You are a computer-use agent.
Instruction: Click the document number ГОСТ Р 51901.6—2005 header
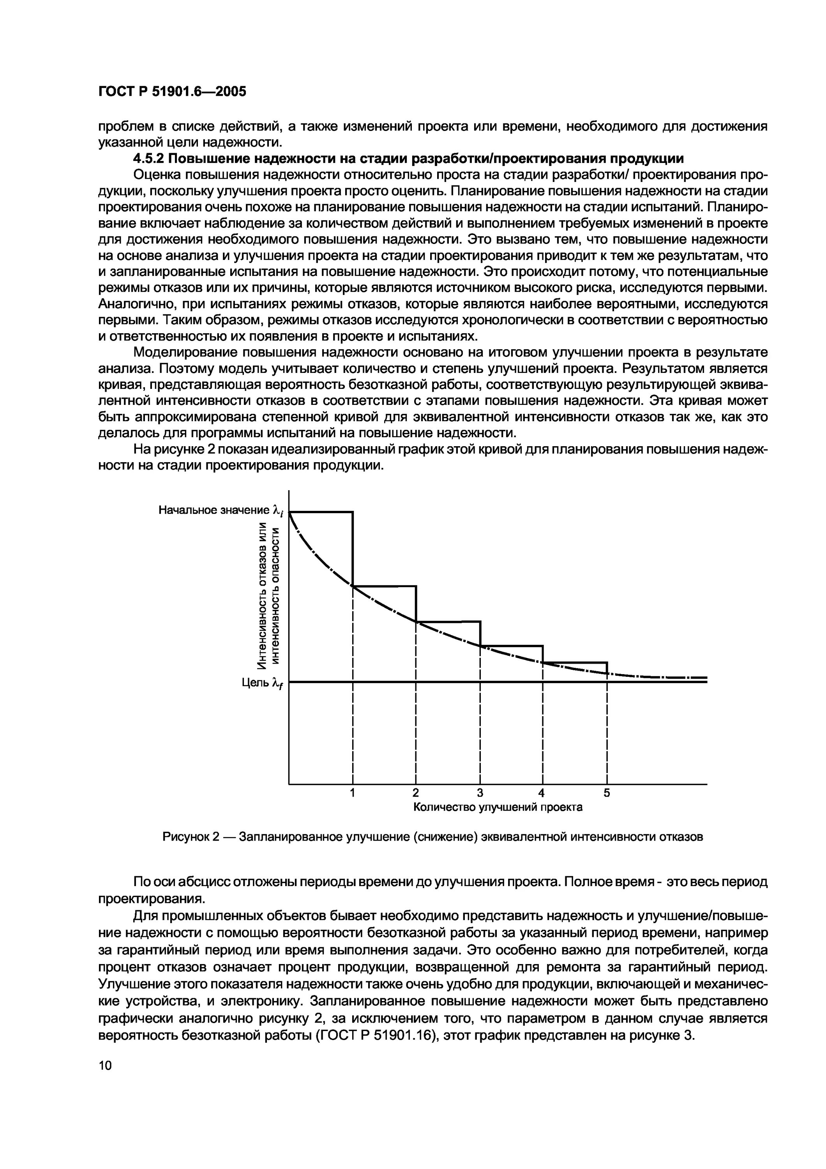[x=171, y=92]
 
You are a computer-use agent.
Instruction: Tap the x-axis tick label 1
[x=352, y=793]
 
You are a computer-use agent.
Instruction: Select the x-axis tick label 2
[x=416, y=793]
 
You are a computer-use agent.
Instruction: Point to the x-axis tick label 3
[x=479, y=793]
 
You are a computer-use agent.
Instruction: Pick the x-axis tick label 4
[x=542, y=793]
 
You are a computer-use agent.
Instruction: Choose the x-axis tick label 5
[x=607, y=793]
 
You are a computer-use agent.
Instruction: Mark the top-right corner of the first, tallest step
[x=353, y=512]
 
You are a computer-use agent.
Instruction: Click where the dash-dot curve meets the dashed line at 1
[x=353, y=586]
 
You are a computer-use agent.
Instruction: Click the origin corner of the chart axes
[x=289, y=784]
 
